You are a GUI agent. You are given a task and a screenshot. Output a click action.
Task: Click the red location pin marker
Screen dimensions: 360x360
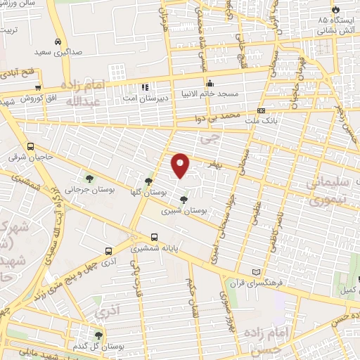[x=181, y=165]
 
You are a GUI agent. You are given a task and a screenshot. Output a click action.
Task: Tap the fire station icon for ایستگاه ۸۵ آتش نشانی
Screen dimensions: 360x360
[x=335, y=9]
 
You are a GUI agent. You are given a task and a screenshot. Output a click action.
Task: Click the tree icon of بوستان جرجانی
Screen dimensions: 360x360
[x=89, y=176]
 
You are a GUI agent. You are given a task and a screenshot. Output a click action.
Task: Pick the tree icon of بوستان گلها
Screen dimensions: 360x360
[x=148, y=181]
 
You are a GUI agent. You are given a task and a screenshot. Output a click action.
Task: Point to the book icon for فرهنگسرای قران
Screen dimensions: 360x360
[x=255, y=272]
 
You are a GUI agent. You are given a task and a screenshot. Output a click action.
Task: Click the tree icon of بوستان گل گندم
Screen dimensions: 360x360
[x=98, y=335]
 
